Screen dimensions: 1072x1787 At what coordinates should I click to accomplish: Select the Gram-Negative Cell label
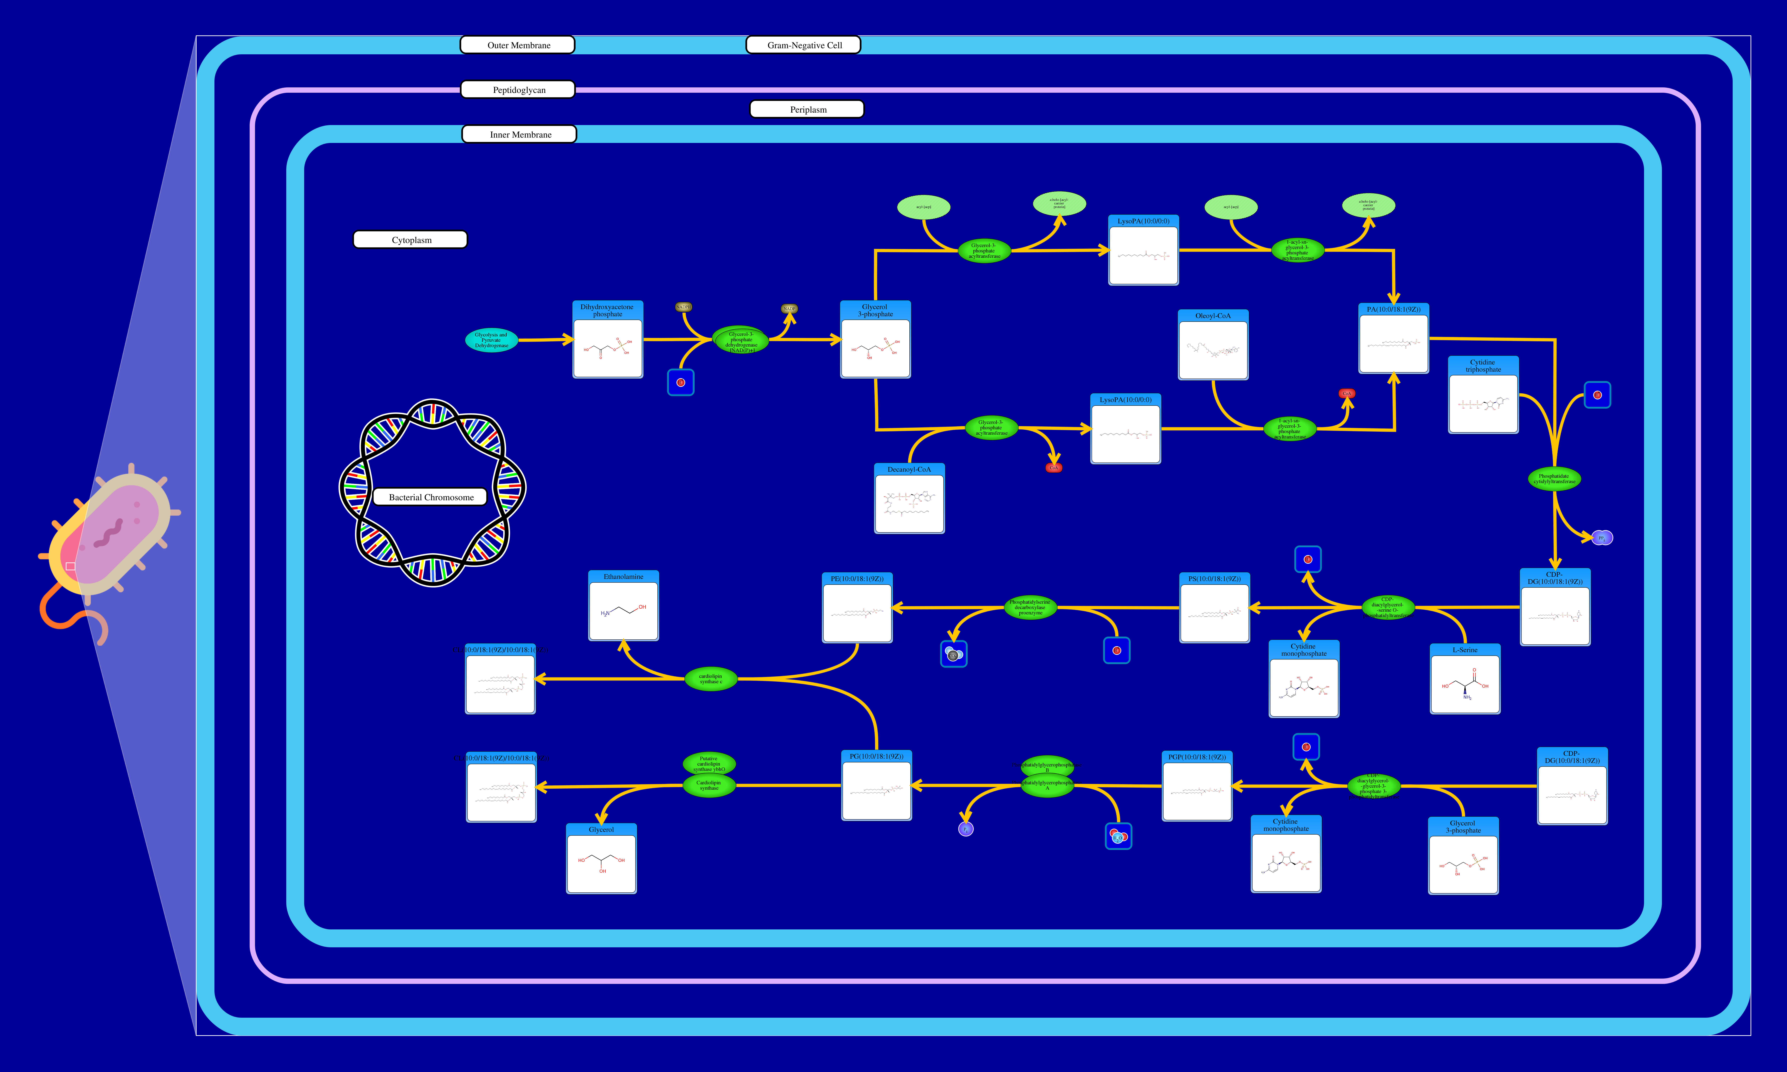click(803, 45)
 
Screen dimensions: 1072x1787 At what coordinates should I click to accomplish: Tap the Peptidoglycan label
click(518, 90)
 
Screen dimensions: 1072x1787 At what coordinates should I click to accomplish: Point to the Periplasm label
click(807, 109)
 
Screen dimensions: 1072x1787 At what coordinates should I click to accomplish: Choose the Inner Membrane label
click(519, 134)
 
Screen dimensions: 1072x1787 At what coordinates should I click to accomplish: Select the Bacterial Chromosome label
click(430, 497)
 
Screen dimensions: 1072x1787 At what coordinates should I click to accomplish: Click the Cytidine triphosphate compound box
click(1483, 395)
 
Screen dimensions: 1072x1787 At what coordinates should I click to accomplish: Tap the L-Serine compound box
click(1465, 679)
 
